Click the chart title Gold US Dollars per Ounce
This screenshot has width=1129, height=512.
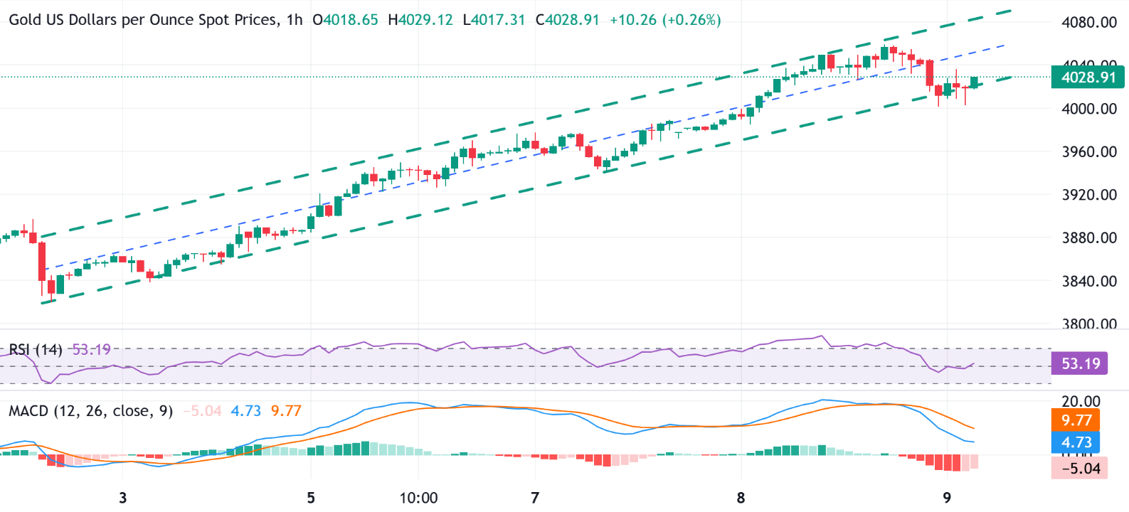coord(142,20)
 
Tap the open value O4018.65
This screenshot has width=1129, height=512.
coord(346,20)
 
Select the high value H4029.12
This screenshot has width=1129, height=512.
coord(420,20)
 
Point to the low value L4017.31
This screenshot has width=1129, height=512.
coord(494,20)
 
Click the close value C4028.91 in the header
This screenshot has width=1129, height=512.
coord(568,20)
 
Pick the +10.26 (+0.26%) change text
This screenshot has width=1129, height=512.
coord(665,20)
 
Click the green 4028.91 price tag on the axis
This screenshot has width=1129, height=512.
coord(1088,78)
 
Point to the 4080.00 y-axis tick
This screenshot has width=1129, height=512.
coord(1088,22)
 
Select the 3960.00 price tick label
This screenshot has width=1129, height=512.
coord(1088,151)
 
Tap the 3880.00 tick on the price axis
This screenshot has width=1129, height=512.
coord(1088,238)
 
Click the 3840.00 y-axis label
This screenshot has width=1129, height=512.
coord(1088,281)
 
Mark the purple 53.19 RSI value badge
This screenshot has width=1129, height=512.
coord(1080,364)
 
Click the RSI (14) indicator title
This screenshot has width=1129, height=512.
coord(36,350)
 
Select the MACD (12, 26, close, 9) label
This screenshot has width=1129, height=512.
coord(90,411)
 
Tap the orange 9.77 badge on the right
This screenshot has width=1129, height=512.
coord(1076,420)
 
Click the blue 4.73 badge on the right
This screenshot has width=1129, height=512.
coord(1076,442)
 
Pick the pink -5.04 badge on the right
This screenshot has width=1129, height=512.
coord(1079,468)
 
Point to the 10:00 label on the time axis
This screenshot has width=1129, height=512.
coord(418,498)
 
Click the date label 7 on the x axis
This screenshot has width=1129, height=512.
coord(535,498)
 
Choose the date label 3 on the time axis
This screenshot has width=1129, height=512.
coord(123,498)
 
